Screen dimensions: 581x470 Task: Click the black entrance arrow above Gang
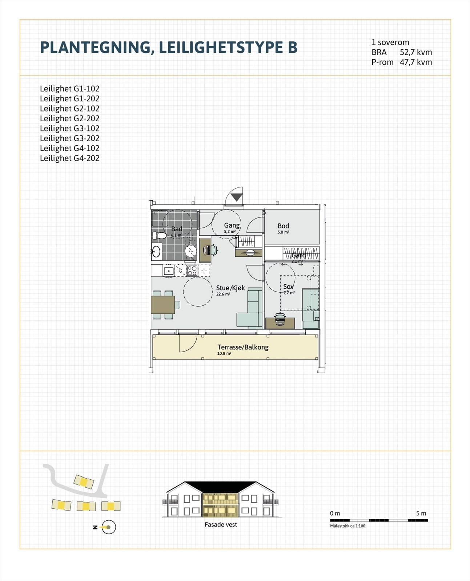(x=237, y=198)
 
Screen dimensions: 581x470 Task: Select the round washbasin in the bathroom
(x=156, y=251)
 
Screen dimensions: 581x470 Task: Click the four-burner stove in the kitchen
(x=192, y=271)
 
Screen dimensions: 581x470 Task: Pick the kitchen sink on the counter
(x=169, y=271)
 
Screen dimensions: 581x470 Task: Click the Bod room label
(x=283, y=226)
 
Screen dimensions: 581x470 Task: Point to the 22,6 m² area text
(x=223, y=294)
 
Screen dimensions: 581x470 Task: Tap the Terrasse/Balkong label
(x=243, y=347)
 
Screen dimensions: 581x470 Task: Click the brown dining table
(x=162, y=305)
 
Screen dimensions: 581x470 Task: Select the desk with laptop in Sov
(x=280, y=323)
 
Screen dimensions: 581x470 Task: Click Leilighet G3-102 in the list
(x=69, y=129)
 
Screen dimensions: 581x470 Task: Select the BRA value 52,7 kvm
(x=416, y=52)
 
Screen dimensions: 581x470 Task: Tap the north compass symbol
(x=108, y=527)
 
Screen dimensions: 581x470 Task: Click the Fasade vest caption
(x=221, y=524)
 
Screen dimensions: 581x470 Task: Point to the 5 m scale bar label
(x=421, y=513)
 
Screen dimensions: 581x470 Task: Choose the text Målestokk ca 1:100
(x=348, y=526)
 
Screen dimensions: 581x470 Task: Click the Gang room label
(x=232, y=225)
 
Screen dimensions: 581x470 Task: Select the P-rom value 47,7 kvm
(x=416, y=62)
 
